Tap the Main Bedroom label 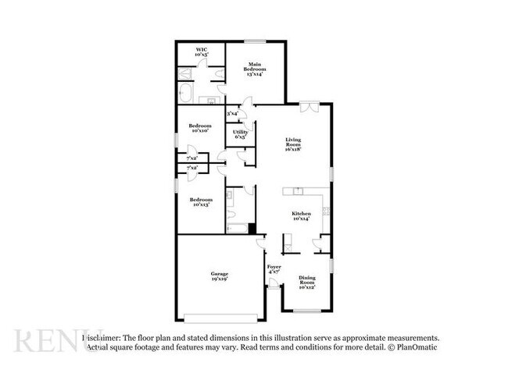[255, 69]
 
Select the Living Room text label [293, 144]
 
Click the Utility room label [241, 135]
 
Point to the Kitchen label [302, 216]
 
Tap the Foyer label [274, 270]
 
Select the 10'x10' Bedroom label [199, 128]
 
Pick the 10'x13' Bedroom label [199, 201]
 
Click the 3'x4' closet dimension [232, 115]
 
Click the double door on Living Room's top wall [309, 106]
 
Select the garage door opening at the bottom [219, 318]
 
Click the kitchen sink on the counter [297, 191]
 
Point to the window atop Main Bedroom [255, 41]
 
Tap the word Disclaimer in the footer [102, 337]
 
